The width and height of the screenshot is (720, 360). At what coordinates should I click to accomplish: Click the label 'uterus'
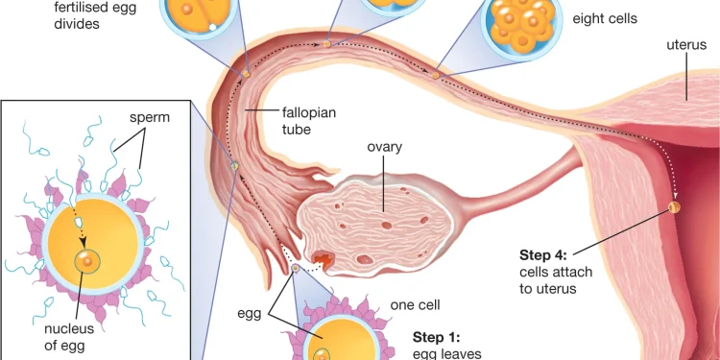click(x=685, y=45)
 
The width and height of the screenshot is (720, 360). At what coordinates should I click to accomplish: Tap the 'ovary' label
click(x=384, y=147)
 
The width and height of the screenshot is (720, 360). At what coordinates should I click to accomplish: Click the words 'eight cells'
click(x=605, y=18)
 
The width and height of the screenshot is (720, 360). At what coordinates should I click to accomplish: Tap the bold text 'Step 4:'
click(x=543, y=254)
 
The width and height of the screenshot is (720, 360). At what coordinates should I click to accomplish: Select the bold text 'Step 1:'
click(x=437, y=337)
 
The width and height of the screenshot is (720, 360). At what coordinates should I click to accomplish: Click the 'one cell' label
click(x=416, y=305)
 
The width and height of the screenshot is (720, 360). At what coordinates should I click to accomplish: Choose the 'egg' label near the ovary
click(x=250, y=313)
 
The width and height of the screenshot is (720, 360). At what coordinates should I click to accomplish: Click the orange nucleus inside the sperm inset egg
click(x=87, y=260)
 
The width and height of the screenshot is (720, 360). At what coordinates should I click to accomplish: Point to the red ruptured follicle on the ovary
click(x=321, y=259)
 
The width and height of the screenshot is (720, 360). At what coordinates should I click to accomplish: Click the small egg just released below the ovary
click(x=296, y=270)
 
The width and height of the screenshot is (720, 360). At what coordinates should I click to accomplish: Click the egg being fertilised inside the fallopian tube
click(x=233, y=167)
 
